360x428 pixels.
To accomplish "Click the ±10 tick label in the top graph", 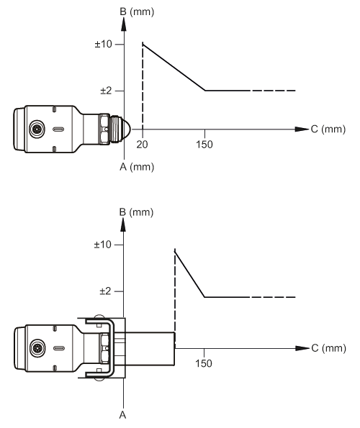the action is click(103, 44).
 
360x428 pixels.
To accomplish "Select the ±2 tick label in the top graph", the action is click(106, 91).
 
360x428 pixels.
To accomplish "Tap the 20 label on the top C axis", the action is click(142, 145).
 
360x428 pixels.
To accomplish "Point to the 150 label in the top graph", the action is click(204, 145).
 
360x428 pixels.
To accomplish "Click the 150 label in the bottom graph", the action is click(204, 363).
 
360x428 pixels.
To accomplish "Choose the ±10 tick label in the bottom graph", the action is click(102, 245).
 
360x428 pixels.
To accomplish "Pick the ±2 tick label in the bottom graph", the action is click(105, 291).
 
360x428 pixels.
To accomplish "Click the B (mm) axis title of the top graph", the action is click(137, 12).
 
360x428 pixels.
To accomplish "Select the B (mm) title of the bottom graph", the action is click(136, 212).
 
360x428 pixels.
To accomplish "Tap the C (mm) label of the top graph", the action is click(328, 129).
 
